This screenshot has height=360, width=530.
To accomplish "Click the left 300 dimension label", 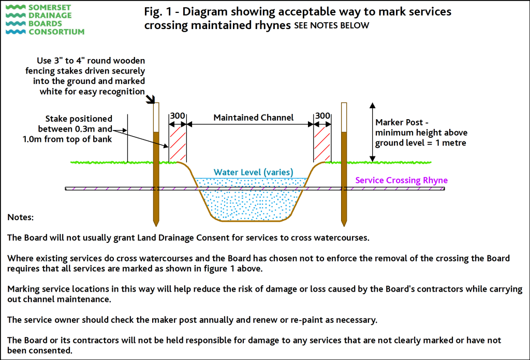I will point(178,116).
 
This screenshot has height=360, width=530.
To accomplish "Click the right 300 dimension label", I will point(322,116).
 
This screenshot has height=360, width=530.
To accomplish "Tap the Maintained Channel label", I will point(254,118).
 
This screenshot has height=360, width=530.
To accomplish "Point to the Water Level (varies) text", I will point(254,172).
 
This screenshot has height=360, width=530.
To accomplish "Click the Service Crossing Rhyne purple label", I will point(401,180).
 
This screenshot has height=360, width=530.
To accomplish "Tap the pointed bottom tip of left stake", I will point(155,223).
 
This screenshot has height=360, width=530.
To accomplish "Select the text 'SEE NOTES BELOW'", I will point(331,26).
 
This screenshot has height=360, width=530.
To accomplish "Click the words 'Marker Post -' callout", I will point(401,122).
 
